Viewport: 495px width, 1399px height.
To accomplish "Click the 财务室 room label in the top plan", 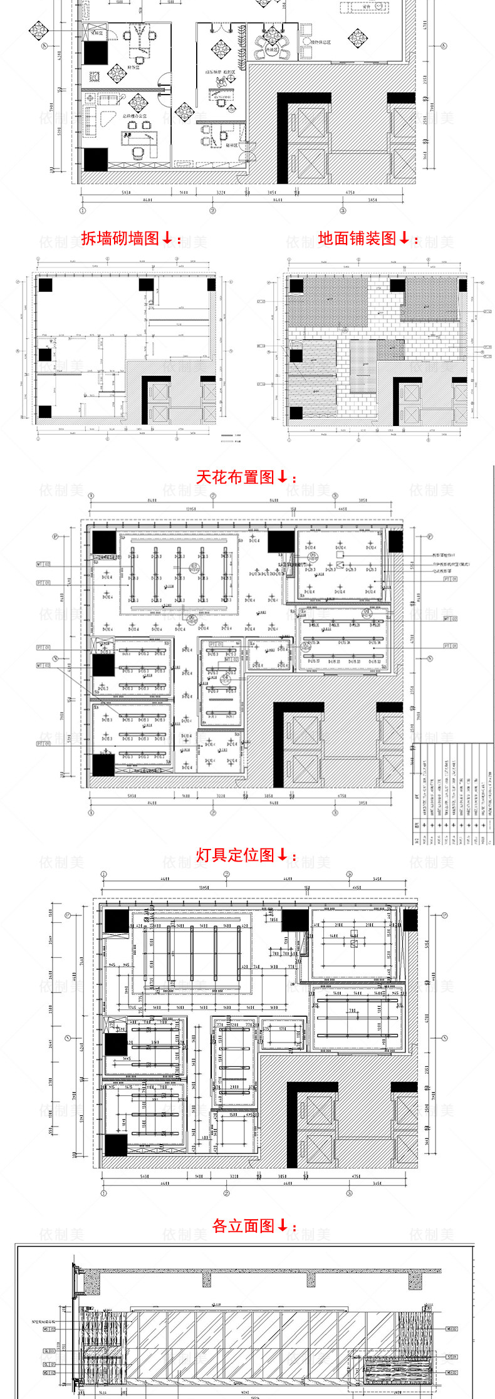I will point(133,66).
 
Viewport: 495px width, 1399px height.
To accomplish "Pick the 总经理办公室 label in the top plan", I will point(134,116).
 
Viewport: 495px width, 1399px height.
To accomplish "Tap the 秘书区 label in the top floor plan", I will point(231,144).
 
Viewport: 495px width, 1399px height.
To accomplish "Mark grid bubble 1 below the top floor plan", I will point(82,211).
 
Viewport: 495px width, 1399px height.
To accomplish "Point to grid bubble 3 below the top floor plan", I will point(343,211).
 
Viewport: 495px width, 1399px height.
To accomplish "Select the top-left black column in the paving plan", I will point(296,286).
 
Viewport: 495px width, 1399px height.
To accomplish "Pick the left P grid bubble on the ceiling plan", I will point(55,536).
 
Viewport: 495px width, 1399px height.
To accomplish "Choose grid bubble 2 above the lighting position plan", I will point(226,874).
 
